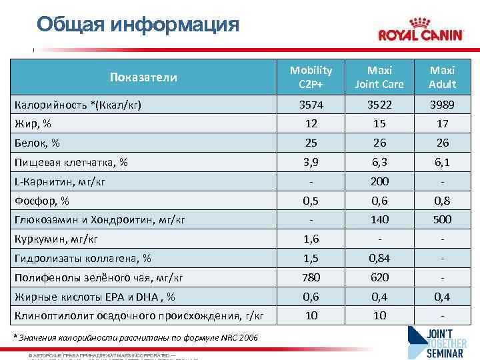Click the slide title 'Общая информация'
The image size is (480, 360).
[x=138, y=25]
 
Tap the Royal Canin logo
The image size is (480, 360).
[x=420, y=31]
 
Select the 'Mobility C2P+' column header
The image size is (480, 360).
[x=311, y=77]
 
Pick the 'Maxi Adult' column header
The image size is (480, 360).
[x=443, y=77]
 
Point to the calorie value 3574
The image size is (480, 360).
[x=311, y=105]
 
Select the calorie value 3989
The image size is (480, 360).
[x=443, y=105]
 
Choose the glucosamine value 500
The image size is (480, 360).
[x=443, y=219]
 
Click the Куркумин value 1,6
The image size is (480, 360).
[x=311, y=239]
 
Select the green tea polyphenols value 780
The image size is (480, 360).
[x=311, y=277]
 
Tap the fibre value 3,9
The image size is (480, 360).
[x=311, y=162]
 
